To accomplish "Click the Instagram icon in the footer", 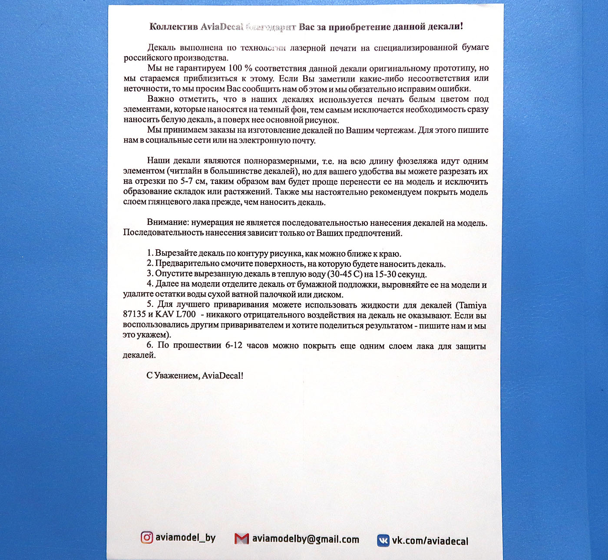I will point(147,537).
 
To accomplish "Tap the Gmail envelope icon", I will point(241,539).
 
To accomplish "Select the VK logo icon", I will point(383,540).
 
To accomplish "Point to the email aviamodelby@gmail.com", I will point(306,539).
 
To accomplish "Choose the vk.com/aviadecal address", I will point(430,541).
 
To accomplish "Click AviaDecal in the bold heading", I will point(222,26).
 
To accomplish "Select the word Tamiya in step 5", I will point(473,305).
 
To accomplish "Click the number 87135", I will point(134,314).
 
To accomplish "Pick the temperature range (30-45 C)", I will point(345,274).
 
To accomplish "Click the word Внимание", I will point(168,222).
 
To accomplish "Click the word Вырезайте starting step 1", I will point(176,254).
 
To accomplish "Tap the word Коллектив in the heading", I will point(173,26).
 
